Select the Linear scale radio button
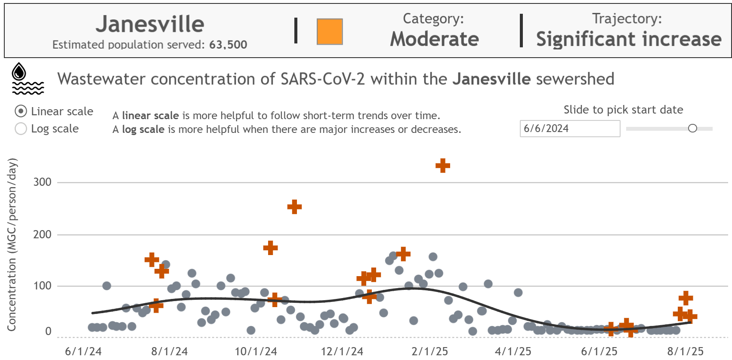pos(21,111)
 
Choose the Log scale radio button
pos(21,129)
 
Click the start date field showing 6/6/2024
pos(569,129)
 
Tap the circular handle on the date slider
pos(692,128)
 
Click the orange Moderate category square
pos(330,31)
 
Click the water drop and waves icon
pos(28,79)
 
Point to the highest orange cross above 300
pos(442,166)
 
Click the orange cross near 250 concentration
pos(294,207)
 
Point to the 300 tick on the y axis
pos(42,182)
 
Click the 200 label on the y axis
pos(42,234)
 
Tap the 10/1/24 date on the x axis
pos(256,351)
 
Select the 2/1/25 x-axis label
pos(429,351)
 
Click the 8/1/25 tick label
pos(685,351)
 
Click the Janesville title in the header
pos(150,24)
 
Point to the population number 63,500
pos(228,45)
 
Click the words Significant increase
pos(628,39)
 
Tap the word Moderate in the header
pos(434,39)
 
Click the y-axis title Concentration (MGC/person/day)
pos(12,244)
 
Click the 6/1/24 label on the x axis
pos(83,351)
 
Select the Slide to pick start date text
pos(623,110)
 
